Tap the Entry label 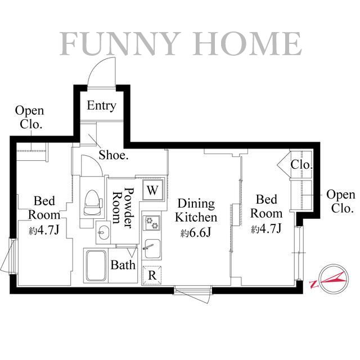pos(101,105)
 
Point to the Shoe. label pos(114,155)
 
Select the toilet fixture pos(91,202)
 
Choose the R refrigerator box pos(152,275)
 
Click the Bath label pos(123,264)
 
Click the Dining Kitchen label pos(195,210)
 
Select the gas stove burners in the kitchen pos(152,223)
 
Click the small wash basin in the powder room pos(103,231)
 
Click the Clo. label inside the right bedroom pos(301,165)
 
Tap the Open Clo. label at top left pos(29,118)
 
